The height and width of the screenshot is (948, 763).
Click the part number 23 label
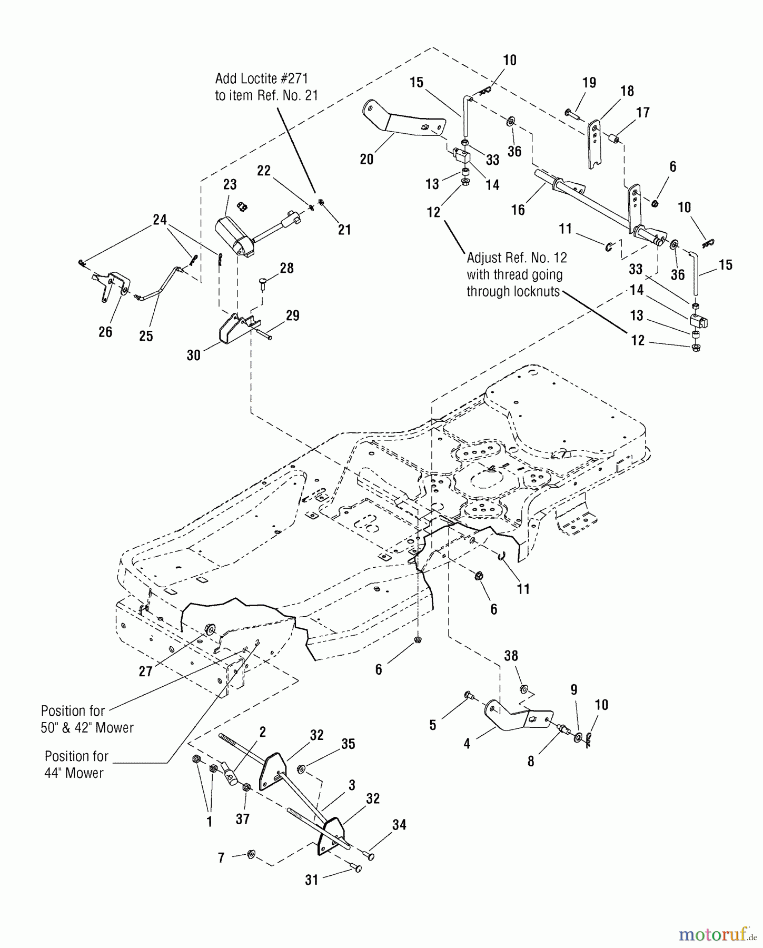click(x=230, y=184)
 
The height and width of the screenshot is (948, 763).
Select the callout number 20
click(x=366, y=159)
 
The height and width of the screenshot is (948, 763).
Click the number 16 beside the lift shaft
click(x=518, y=210)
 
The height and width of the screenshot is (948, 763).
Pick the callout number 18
click(x=627, y=91)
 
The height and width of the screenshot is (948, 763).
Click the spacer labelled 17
click(x=613, y=140)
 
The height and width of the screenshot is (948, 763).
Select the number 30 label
click(x=194, y=355)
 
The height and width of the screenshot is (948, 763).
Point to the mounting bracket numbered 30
click(x=234, y=329)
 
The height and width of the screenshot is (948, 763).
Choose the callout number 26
click(x=105, y=331)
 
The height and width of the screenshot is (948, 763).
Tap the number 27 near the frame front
click(x=145, y=671)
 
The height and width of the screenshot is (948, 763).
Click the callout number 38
click(x=511, y=656)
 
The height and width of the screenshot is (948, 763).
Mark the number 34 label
click(x=399, y=825)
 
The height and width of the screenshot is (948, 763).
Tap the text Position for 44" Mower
click(x=76, y=764)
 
